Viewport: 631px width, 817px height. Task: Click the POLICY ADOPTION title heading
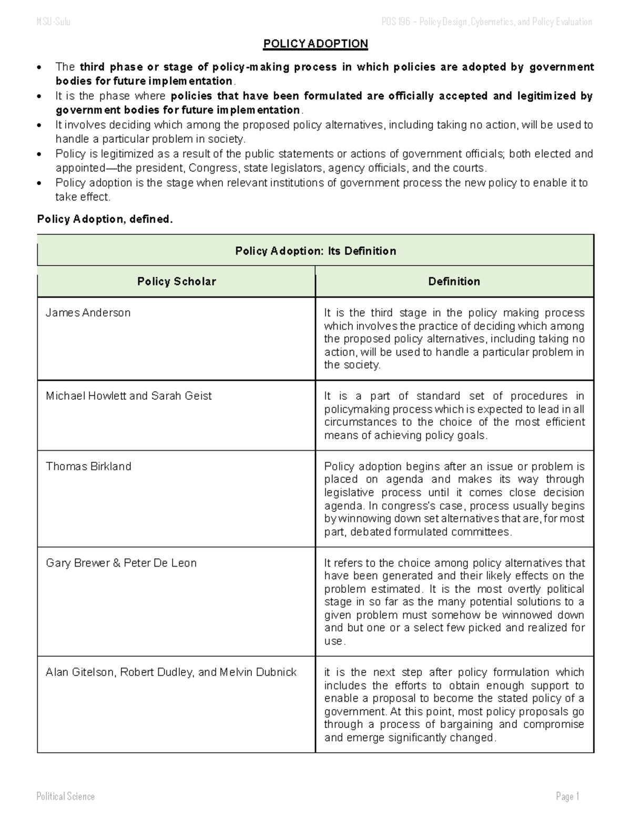315,44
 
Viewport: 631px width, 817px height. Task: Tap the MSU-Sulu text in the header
53,22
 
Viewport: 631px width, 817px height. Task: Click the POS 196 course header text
486,22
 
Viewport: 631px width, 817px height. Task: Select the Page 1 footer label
567,796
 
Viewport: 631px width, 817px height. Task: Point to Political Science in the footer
66,796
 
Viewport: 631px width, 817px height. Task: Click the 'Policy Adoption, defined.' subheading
105,219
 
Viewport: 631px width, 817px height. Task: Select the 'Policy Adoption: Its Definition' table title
315,251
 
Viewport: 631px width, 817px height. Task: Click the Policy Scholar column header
177,281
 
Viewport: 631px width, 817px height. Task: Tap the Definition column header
454,281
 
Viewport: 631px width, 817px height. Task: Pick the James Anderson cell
88,312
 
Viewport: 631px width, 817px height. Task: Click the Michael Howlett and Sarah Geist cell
129,396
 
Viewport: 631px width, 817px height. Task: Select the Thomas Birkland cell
88,466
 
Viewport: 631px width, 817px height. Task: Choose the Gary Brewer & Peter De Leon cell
121,562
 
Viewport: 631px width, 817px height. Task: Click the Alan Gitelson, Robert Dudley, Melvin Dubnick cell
171,672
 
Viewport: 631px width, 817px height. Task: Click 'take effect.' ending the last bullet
83,197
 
